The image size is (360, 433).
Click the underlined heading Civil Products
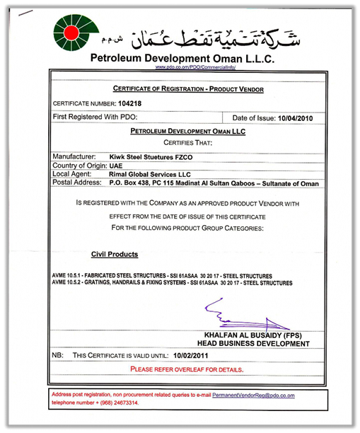click(115, 254)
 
